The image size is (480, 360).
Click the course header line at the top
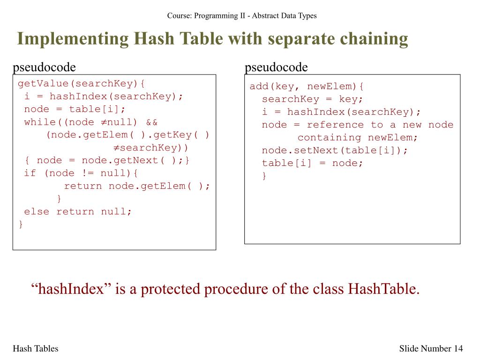pyautogui.click(x=241, y=15)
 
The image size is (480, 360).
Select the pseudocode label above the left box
pyautogui.click(x=44, y=67)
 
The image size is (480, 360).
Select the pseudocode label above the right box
pyautogui.click(x=276, y=67)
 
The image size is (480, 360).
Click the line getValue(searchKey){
pyautogui.click(x=82, y=84)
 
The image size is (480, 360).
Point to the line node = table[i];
pyautogui.click(x=75, y=109)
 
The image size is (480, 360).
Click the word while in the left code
pyautogui.click(x=39, y=122)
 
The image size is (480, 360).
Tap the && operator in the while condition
pyautogui.click(x=152, y=122)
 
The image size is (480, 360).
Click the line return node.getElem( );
pyautogui.click(x=137, y=186)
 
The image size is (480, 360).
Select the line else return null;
pyautogui.click(x=78, y=211)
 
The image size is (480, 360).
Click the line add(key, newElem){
pyautogui.click(x=307, y=87)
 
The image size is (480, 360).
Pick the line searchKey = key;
pyautogui.click(x=313, y=99)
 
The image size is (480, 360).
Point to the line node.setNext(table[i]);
pyautogui.click(x=335, y=150)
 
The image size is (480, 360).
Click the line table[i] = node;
pyautogui.click(x=313, y=163)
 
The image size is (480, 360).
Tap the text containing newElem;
pyautogui.click(x=357, y=138)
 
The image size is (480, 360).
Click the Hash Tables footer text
pyautogui.click(x=36, y=348)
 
